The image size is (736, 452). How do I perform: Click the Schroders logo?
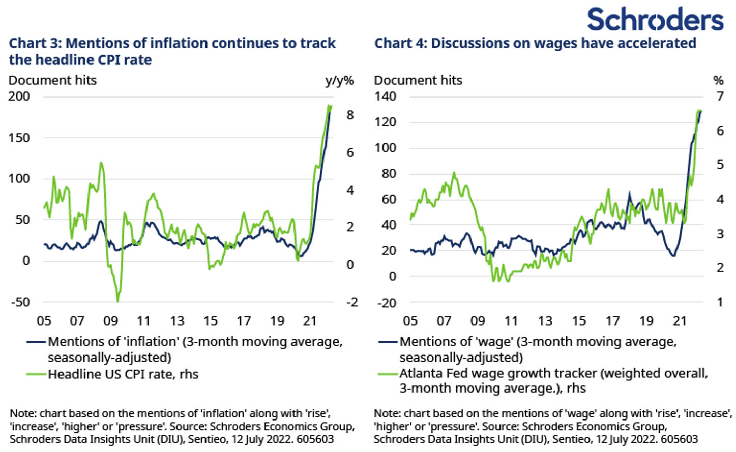[655, 20]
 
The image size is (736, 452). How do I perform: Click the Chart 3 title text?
[172, 51]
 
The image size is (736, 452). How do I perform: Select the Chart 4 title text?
[535, 43]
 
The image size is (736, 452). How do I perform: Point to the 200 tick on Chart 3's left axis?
[19, 96]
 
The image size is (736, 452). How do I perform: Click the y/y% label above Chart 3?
[339, 80]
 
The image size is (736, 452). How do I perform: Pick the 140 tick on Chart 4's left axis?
[385, 96]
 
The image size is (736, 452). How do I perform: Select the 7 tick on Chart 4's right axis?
[720, 96]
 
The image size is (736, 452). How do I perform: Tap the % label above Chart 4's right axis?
[718, 80]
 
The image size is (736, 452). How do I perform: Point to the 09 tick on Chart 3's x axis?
[110, 321]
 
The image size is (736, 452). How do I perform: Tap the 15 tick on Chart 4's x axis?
[579, 321]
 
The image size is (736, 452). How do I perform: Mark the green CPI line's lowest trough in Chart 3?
[118, 301]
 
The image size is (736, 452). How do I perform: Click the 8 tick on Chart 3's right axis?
[350, 115]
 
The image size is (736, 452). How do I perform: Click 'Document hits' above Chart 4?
[418, 80]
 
